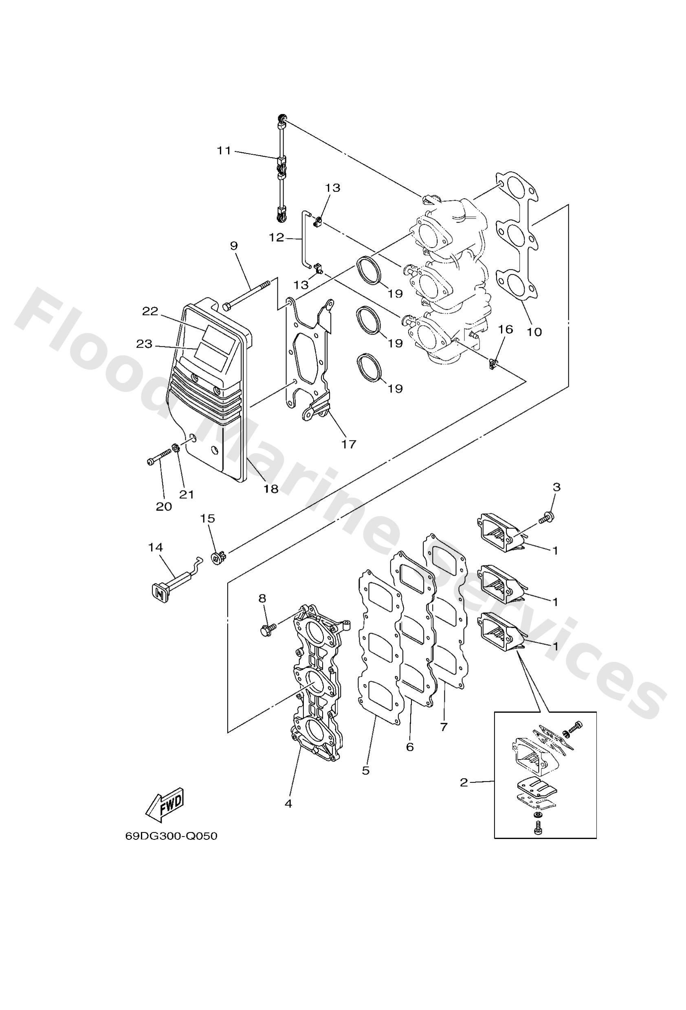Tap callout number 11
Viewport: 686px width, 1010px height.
click(224, 150)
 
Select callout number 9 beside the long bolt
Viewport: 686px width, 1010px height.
click(234, 246)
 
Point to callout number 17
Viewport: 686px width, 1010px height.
click(348, 444)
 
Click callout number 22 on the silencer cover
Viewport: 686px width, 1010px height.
click(150, 311)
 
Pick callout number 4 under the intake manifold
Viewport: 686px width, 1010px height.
click(288, 804)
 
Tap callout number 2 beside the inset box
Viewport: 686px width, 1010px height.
click(464, 782)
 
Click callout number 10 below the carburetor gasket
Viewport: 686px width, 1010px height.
click(534, 332)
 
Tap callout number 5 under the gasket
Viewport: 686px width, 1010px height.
click(365, 770)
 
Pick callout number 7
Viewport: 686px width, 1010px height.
click(444, 726)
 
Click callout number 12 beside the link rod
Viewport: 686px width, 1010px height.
click(277, 237)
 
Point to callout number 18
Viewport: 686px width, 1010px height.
click(270, 489)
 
